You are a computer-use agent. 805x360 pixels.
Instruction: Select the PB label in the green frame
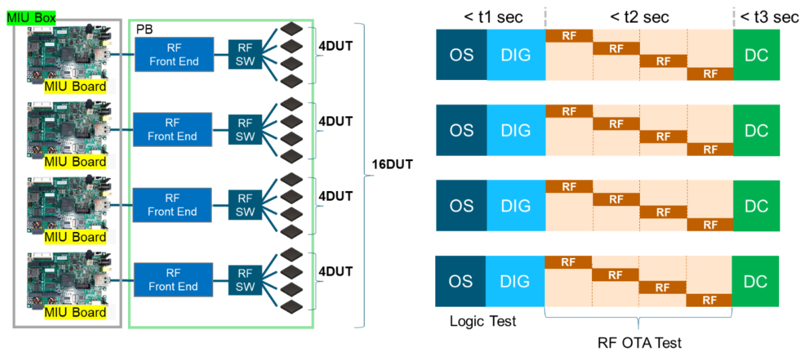144,30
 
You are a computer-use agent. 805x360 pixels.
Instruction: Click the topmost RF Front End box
173,55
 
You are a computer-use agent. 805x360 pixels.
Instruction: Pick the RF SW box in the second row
245,129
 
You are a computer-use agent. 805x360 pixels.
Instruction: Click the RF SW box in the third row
245,204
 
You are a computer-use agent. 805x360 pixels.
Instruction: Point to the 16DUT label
390,165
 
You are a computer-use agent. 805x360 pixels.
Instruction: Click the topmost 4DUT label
335,47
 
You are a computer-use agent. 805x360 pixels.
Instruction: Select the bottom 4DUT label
335,272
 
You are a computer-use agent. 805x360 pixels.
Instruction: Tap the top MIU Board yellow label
75,86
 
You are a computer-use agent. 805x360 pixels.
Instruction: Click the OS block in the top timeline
461,55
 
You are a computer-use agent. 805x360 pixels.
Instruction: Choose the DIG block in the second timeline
516,131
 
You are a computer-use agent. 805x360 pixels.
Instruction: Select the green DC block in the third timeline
756,206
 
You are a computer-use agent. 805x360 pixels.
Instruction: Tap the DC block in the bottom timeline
756,281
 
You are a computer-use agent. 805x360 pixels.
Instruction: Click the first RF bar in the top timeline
569,36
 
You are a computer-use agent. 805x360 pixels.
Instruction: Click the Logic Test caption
483,321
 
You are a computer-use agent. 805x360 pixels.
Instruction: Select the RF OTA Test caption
639,342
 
